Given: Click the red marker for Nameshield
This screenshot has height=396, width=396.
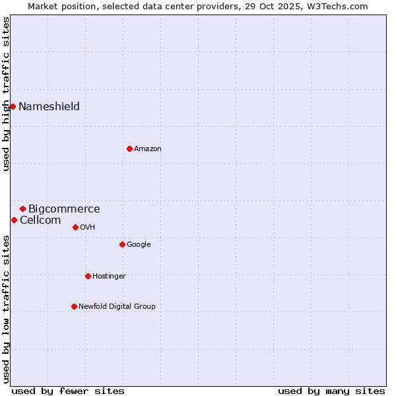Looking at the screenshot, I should coord(13,106).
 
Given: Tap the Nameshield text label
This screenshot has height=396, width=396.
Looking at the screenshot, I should coord(49,107).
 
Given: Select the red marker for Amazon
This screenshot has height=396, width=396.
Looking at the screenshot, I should coord(129,148).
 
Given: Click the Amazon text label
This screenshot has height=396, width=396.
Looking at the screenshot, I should coord(148,149).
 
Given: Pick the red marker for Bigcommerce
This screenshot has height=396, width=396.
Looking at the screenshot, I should coord(22,209).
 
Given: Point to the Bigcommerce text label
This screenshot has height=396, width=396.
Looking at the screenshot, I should coord(64,209).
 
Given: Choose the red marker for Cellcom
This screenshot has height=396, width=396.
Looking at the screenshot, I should coord(14,220).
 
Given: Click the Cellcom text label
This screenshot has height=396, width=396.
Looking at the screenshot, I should coord(40,220).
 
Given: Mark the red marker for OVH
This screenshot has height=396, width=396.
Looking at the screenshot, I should coord(75,227).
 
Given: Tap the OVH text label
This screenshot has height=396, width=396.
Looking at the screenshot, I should coord(88,228).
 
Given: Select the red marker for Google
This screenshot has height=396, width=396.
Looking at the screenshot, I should coord(122,244).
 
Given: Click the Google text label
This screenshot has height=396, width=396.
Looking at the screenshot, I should coord(139,245).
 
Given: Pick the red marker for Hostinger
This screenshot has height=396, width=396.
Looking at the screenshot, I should coord(88,276).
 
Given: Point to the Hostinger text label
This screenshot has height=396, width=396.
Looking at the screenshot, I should coord(109,277).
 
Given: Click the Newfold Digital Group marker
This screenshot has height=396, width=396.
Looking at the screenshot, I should coord(74,306).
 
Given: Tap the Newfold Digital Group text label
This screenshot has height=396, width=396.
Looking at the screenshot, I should coord(117,306).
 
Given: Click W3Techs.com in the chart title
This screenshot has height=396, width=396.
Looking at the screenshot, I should coord(339,7).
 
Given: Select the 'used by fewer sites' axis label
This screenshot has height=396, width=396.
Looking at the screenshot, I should coord(68,391).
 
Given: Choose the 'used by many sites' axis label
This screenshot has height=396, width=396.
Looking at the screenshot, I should coord(331,391).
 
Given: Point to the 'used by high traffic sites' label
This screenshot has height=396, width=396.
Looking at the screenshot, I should coord(7,94).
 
